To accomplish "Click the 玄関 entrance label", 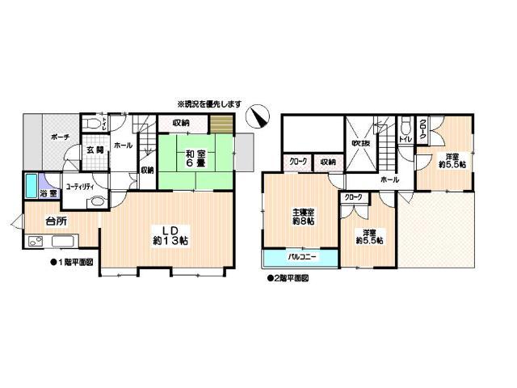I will (95, 150).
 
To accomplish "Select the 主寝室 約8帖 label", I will (303, 218).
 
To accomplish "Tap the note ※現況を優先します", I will (210, 104).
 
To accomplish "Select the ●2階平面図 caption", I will (288, 277).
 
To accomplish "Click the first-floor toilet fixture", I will (95, 124).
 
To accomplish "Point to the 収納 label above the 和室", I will (180, 123).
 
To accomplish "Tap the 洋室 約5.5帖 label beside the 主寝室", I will (372, 234).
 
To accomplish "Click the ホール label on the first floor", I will (124, 145).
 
